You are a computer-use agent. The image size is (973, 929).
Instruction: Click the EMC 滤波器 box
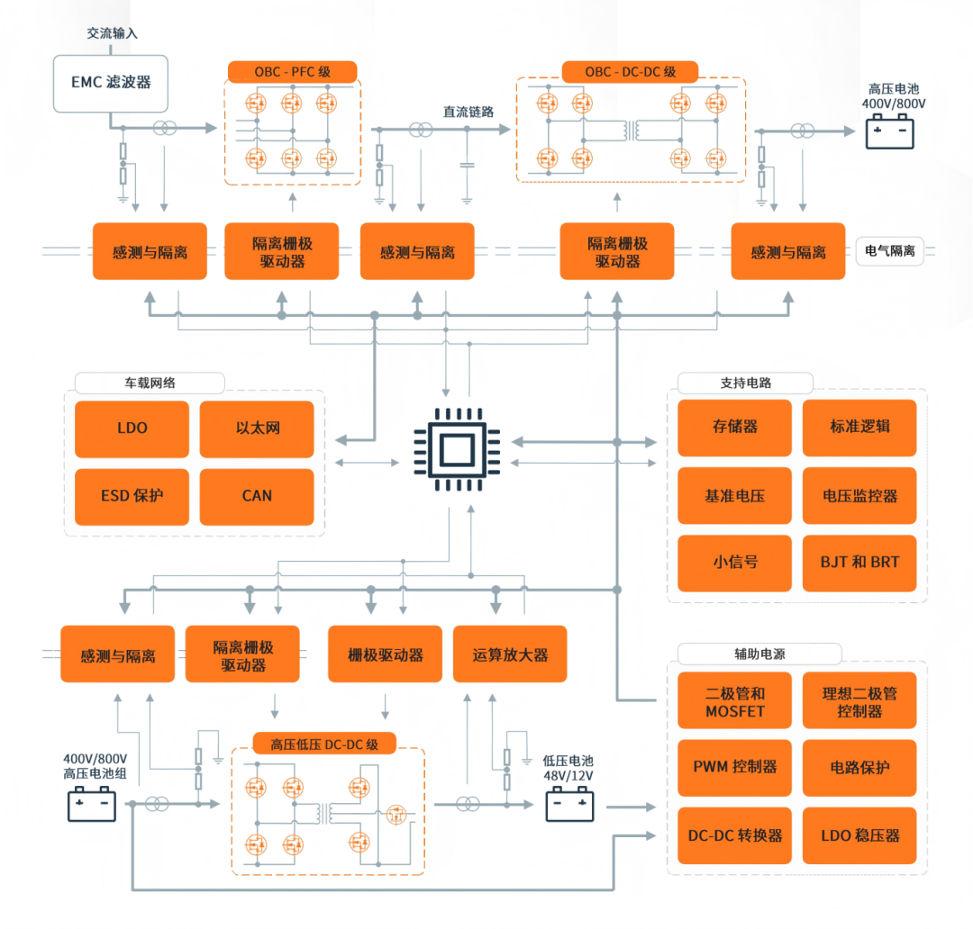[x=111, y=83]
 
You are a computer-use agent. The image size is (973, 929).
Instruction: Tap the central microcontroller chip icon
[x=458, y=449]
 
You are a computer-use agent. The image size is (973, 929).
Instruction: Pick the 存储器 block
[x=735, y=428]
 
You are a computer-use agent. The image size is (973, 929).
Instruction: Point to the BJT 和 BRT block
[x=859, y=563]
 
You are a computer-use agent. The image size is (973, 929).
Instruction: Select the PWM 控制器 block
[x=735, y=767]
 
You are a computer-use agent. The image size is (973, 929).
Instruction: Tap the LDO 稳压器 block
[x=859, y=835]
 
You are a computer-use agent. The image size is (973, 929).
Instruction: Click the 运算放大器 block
[x=510, y=654]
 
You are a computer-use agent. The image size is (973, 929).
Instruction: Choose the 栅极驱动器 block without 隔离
[x=386, y=654]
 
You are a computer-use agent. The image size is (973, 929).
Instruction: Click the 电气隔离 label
[x=890, y=251]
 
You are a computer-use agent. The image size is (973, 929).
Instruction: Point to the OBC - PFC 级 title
[x=292, y=72]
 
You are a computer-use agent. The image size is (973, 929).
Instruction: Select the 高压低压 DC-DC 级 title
[x=324, y=744]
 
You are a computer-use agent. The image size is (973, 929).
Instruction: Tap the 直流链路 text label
[x=468, y=113]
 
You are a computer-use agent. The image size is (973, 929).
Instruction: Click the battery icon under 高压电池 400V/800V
[x=890, y=132]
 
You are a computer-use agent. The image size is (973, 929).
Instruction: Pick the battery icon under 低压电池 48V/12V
[x=569, y=805]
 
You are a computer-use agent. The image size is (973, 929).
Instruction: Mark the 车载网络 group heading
[x=150, y=383]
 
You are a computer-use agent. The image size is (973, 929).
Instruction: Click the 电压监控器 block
[x=859, y=495]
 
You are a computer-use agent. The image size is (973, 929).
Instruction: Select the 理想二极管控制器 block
[x=859, y=700]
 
